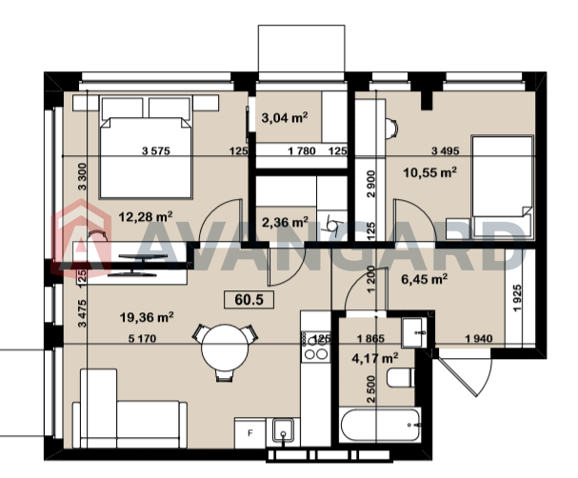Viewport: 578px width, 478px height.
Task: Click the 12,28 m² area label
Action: point(146,217)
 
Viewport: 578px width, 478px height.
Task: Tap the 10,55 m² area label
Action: point(430,172)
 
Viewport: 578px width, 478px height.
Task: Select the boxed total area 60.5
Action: point(249,300)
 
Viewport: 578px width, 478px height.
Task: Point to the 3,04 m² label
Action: point(285,118)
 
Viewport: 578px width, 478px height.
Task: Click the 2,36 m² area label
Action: point(285,222)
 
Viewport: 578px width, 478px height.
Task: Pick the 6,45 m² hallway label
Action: point(425,279)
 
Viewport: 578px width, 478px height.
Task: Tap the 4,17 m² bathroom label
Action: point(375,357)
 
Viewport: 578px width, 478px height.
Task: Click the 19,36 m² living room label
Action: point(147,317)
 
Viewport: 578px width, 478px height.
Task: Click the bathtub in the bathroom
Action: point(380,425)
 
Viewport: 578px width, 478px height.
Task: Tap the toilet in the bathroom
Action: point(401,377)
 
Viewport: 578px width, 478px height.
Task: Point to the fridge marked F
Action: point(249,433)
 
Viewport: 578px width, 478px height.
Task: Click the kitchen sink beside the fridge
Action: point(283,430)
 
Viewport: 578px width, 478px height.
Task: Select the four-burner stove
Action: point(315,346)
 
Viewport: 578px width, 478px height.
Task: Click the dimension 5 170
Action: point(142,338)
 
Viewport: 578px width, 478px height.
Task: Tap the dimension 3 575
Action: point(156,150)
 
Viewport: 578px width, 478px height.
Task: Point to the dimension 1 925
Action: point(517,298)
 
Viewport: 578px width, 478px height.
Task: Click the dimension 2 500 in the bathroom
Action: point(371,389)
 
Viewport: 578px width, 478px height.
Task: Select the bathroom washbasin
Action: point(412,333)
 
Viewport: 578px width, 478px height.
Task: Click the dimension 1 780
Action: point(302,150)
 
